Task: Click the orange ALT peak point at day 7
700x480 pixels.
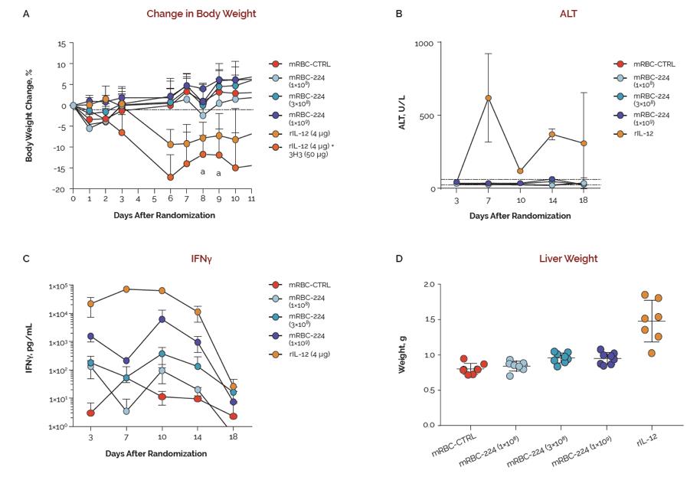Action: (488, 98)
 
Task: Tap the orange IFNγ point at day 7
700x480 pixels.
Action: (126, 289)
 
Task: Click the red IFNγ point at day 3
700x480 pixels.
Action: (90, 413)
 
